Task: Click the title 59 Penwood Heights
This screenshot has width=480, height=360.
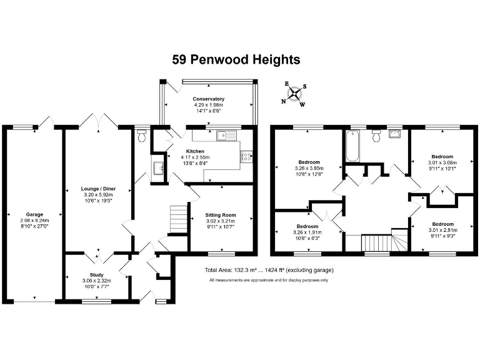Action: coord(236,60)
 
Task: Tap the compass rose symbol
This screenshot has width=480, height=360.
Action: coord(294,95)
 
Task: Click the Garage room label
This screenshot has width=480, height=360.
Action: coord(34,214)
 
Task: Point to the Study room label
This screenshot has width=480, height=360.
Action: coord(96,274)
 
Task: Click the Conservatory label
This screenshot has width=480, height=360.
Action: coord(208,99)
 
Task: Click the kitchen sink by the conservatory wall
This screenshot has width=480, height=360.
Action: coord(222,134)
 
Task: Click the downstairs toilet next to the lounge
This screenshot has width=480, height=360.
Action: coord(142,134)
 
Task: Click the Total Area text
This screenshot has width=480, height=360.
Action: coord(269,270)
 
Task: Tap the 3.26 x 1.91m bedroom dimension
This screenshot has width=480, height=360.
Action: coord(309,232)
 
